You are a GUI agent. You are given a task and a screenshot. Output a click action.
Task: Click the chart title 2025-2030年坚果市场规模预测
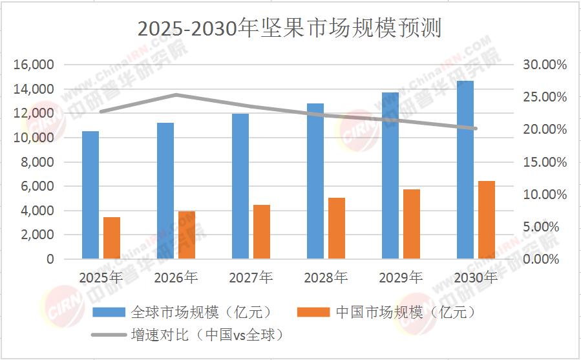coord(290,28)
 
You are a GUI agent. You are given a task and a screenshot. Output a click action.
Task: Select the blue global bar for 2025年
coord(90,195)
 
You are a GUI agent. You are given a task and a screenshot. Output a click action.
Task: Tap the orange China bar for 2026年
coord(187,235)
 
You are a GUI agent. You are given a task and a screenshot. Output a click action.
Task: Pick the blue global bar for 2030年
coord(465,169)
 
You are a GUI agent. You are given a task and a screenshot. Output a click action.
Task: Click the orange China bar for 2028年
coord(337,228)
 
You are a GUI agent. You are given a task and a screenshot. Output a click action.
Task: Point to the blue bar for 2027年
coord(240,186)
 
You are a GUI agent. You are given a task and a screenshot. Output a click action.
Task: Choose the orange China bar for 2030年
coord(487,220)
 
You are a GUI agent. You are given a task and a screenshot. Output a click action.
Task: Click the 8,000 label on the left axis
coord(36,162)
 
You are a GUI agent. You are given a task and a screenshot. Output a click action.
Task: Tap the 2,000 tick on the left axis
coord(36,235)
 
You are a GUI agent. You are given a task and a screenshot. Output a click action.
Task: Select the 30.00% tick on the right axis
coord(544,65)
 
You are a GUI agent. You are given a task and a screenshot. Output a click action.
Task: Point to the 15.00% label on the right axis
coord(544,162)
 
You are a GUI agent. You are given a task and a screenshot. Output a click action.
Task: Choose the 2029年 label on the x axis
coord(401,278)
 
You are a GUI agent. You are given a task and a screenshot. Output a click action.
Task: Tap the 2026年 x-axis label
coord(176,278)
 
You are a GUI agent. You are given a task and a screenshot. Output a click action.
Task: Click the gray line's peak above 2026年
coord(176,95)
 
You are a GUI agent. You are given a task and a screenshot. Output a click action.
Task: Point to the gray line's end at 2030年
coord(476,129)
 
